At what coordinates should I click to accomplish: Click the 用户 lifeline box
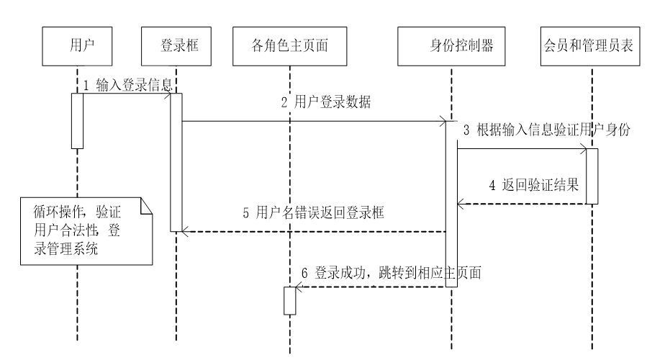77,47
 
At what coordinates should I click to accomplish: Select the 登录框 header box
176,47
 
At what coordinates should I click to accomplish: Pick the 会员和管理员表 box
590,47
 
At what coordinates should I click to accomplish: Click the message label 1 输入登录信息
127,85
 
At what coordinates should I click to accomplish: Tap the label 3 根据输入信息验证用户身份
547,130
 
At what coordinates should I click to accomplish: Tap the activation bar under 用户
77,120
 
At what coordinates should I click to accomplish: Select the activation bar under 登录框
176,162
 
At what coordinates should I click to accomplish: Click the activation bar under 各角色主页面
289,300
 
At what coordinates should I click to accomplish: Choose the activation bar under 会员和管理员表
591,176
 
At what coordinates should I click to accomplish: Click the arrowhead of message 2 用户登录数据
442,121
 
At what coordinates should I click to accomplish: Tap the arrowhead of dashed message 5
185,231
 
